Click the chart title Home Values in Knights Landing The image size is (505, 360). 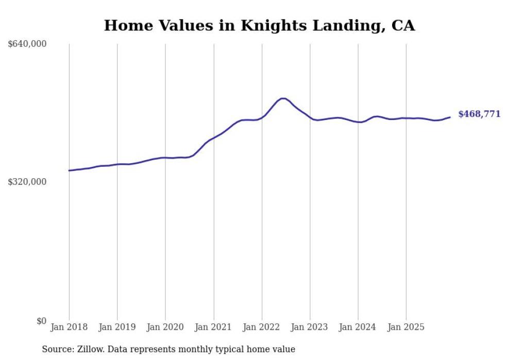259,25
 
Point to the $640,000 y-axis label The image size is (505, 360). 27,44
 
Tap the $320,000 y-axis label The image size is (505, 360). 27,182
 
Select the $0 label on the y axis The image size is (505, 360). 41,321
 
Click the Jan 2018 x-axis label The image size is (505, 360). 69,327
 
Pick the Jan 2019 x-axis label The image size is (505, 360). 117,327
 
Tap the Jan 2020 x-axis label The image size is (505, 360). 165,327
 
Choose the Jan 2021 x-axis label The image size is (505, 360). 213,327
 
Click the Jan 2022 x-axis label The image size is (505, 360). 262,327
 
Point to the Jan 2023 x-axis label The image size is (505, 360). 310,327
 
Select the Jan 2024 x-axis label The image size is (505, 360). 358,327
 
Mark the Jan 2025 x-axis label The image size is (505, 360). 406,327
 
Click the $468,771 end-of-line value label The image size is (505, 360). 479,114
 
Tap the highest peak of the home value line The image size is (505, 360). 283,98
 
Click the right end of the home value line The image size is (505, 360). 450,117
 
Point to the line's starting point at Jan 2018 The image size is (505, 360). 69,170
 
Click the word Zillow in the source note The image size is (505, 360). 90,349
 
